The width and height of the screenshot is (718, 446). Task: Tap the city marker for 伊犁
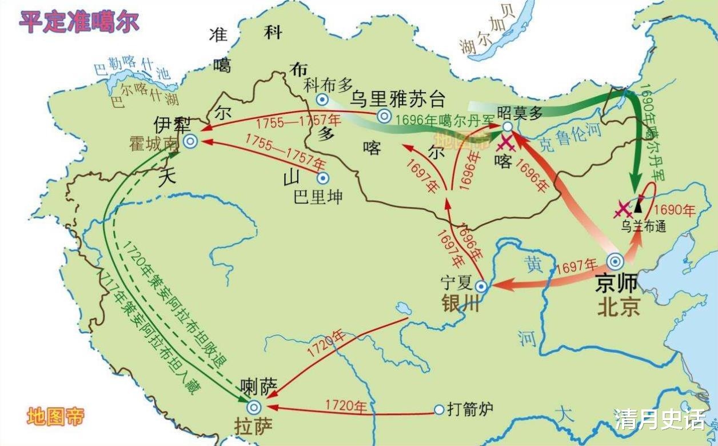[190, 141]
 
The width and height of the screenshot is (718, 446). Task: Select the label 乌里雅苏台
[398, 98]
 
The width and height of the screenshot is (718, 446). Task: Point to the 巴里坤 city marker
[323, 178]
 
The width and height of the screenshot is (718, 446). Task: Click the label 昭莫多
[519, 112]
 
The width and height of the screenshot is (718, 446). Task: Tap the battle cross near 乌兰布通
[623, 209]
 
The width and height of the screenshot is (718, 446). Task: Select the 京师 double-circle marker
[615, 261]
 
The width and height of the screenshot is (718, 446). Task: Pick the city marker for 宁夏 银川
[481, 286]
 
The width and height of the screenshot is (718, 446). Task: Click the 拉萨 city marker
[254, 407]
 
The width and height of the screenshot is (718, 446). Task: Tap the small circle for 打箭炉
[438, 409]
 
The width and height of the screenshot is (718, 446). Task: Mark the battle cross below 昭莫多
[506, 144]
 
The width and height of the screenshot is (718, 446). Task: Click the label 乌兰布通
[644, 226]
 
